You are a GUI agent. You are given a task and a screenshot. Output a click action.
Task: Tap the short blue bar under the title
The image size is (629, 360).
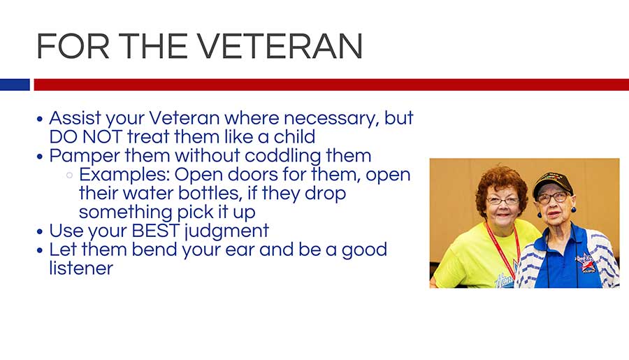click(15, 85)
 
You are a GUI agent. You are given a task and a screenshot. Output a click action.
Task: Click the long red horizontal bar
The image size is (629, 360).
click(331, 85)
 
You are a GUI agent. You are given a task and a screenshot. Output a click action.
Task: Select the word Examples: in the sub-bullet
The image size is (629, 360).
click(125, 175)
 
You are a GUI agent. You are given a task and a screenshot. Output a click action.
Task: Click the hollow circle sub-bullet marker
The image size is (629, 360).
click(69, 175)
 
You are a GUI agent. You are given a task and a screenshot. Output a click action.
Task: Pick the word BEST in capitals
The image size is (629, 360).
click(156, 231)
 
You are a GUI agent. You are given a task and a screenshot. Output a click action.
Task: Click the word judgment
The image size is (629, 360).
click(226, 231)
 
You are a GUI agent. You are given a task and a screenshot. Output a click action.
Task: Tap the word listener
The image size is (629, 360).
click(82, 268)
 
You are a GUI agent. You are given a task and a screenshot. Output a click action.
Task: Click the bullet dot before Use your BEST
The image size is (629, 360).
click(39, 232)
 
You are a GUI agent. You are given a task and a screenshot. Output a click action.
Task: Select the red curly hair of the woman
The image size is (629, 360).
click(501, 185)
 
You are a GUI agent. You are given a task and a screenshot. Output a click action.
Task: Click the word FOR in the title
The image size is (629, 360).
click(73, 46)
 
